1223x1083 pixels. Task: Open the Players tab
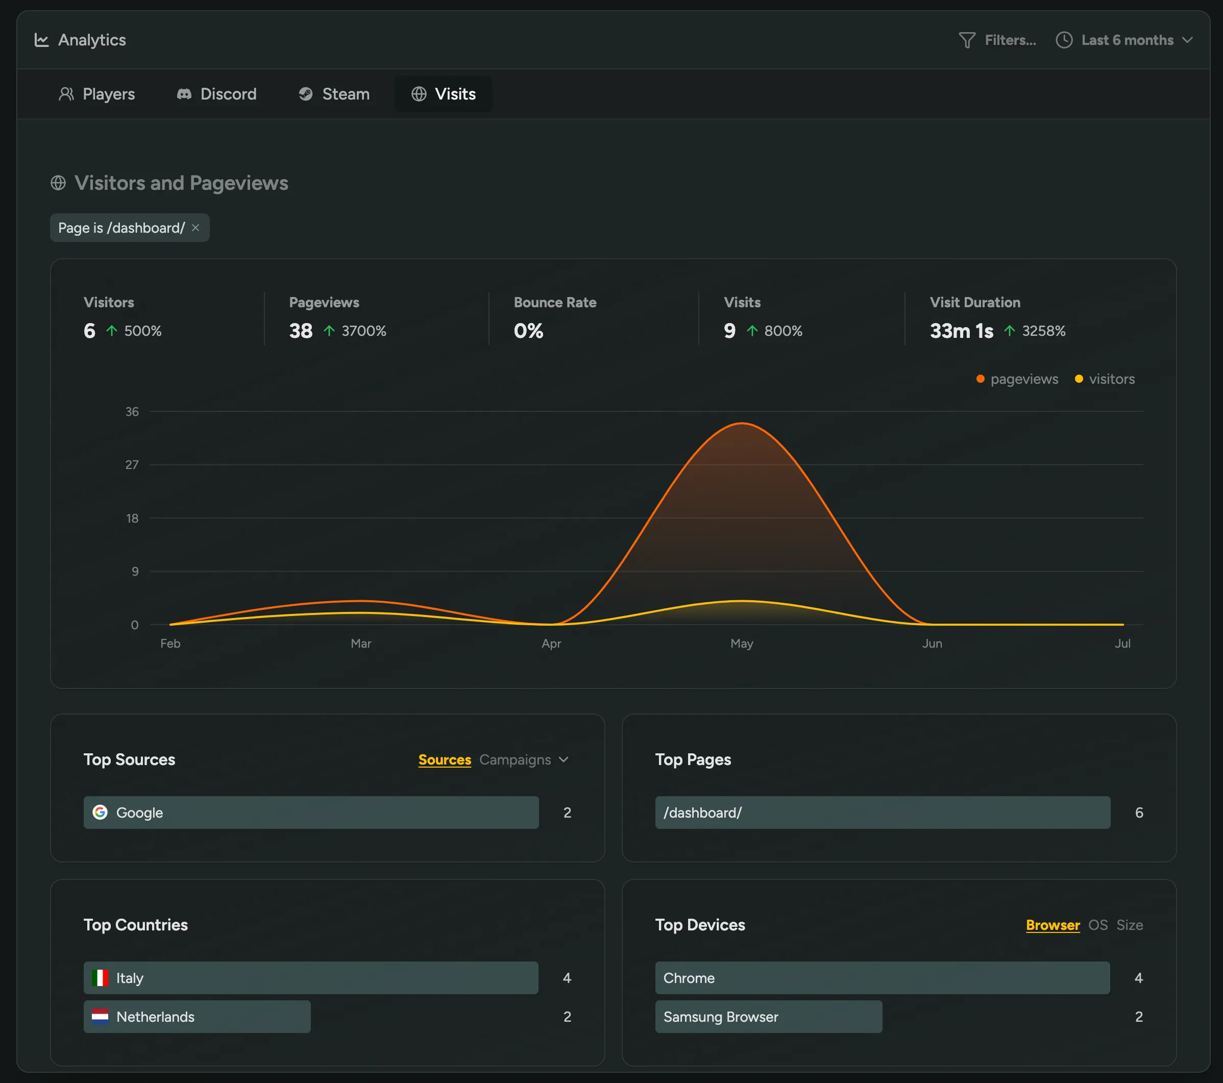(97, 94)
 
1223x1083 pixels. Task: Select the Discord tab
(216, 94)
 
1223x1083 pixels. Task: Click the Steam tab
(334, 94)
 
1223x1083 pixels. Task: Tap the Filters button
(997, 40)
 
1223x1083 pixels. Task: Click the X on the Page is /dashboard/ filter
(195, 228)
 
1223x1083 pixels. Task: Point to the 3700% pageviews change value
(363, 331)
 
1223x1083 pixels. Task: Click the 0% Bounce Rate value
(528, 331)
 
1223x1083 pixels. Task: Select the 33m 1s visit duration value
(961, 331)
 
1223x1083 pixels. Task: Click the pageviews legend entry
(1017, 379)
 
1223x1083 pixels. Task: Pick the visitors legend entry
(1105, 379)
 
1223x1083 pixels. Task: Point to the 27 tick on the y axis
(132, 465)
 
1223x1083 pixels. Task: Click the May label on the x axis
(741, 643)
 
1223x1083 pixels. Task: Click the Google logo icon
(100, 812)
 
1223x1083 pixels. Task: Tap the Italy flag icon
(100, 978)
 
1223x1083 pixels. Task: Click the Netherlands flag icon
(100, 1017)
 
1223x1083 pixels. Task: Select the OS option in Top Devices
(1097, 925)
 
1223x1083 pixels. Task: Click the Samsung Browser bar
(768, 1017)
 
